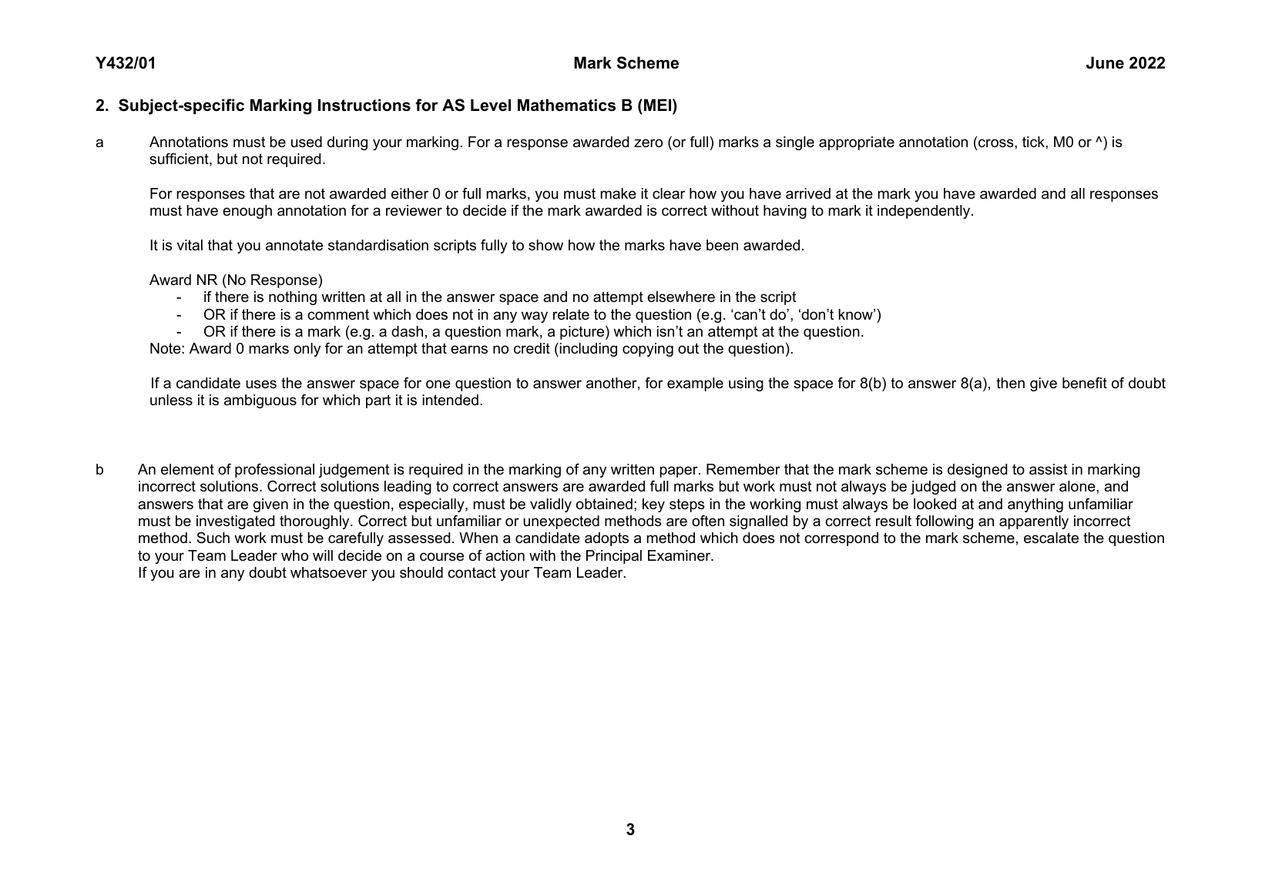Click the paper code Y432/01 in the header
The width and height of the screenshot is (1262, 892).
pyautogui.click(x=126, y=64)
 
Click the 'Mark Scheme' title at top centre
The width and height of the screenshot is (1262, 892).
pyautogui.click(x=626, y=64)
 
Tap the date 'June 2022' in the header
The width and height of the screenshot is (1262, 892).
pyautogui.click(x=1125, y=64)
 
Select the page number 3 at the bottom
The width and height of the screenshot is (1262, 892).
pyautogui.click(x=630, y=830)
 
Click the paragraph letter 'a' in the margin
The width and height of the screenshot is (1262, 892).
pyautogui.click(x=99, y=143)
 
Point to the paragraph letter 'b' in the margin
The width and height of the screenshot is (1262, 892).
pyautogui.click(x=99, y=470)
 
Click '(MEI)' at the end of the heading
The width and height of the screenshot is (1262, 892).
pyautogui.click(x=656, y=106)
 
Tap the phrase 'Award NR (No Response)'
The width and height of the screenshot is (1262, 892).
pyautogui.click(x=236, y=280)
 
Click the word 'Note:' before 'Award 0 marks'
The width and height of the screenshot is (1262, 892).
pyautogui.click(x=167, y=349)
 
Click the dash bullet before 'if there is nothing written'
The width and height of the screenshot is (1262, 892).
pyautogui.click(x=180, y=298)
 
